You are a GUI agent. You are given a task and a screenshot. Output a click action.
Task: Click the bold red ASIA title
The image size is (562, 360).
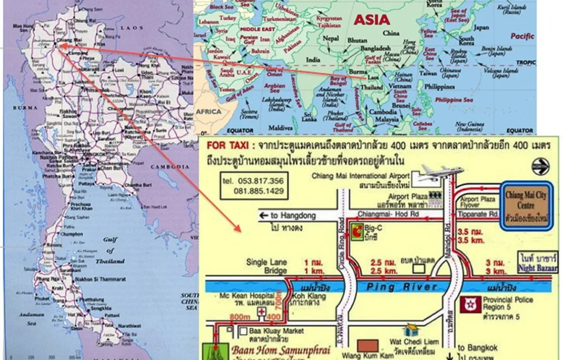[x=372, y=20]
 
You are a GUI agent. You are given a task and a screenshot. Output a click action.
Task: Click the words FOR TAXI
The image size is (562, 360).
[x=227, y=147]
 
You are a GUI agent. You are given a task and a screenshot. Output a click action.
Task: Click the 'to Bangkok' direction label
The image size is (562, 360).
[x=477, y=347]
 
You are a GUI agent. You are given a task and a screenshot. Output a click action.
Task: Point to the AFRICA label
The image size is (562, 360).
[x=209, y=111]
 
